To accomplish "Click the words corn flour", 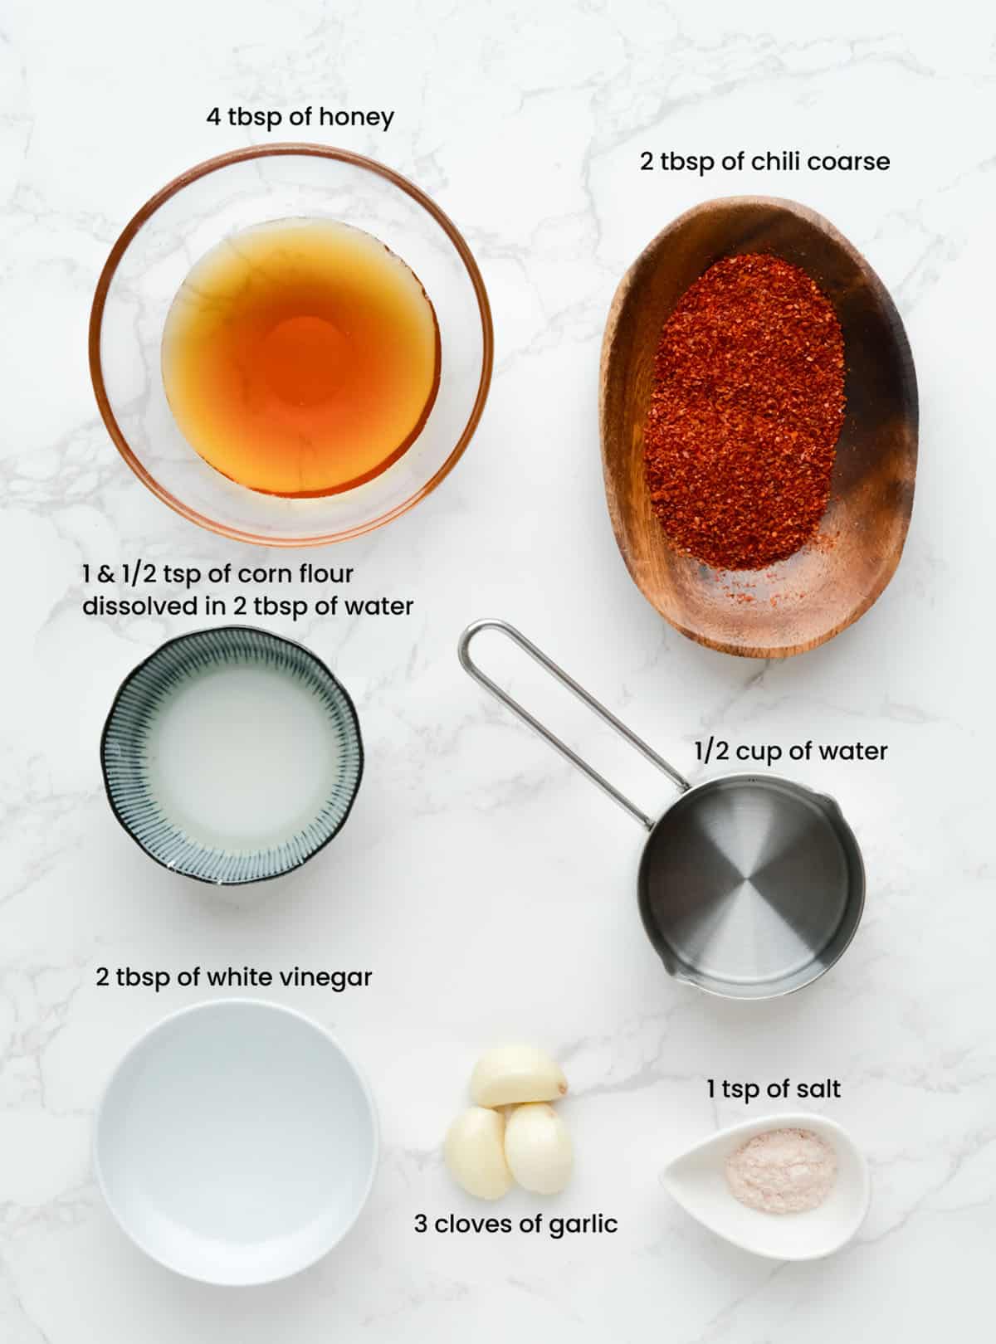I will click(x=295, y=574).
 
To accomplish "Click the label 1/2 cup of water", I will click(x=790, y=751).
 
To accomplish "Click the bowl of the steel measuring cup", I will click(x=751, y=888).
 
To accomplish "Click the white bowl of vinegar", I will click(x=237, y=1141).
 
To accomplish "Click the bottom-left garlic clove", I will click(x=478, y=1153).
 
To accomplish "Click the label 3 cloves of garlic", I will click(x=515, y=1224).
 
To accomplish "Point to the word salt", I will click(x=818, y=1088).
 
